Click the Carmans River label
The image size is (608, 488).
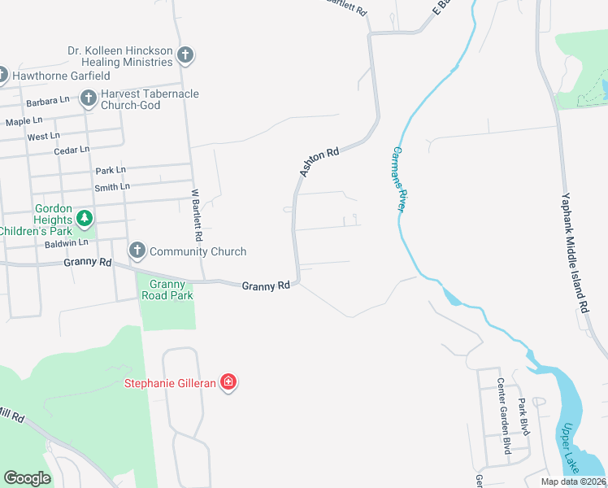pyautogui.click(x=398, y=179)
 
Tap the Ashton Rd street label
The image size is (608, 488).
pyautogui.click(x=319, y=163)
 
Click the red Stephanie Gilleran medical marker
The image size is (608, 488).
pyautogui.click(x=229, y=382)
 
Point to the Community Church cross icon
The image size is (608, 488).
pyautogui.click(x=137, y=251)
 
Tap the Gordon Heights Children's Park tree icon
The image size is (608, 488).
pyautogui.click(x=84, y=219)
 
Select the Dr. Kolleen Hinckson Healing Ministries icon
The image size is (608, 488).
pyautogui.click(x=185, y=56)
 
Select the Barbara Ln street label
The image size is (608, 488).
pyautogui.click(x=47, y=102)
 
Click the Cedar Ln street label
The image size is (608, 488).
pyautogui.click(x=71, y=150)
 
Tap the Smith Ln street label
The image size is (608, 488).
pyautogui.click(x=112, y=187)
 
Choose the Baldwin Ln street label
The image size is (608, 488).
pyautogui.click(x=66, y=242)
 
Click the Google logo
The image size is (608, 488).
pyautogui.click(x=27, y=477)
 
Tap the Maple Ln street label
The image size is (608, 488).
pyautogui.click(x=24, y=121)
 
